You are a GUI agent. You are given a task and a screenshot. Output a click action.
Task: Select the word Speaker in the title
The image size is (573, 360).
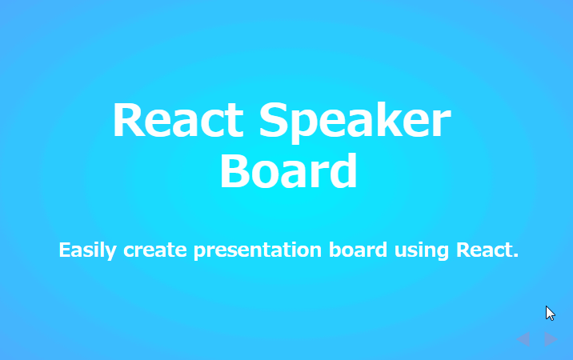pos(355,122)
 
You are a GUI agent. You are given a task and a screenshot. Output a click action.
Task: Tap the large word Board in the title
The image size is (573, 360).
pos(288,170)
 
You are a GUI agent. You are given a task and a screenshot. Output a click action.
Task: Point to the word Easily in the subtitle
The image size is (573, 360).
pos(88,250)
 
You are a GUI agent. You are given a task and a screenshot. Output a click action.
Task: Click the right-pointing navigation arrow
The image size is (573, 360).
pos(550,339)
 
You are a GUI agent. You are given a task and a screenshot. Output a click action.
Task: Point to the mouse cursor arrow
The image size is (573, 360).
pos(550,313)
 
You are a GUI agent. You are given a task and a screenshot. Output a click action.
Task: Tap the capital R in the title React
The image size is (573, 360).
pos(127,122)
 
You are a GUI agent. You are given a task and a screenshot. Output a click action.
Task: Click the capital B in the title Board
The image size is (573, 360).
pos(235,170)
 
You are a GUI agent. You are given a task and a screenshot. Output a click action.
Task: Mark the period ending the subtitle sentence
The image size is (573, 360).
pos(515,255)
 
